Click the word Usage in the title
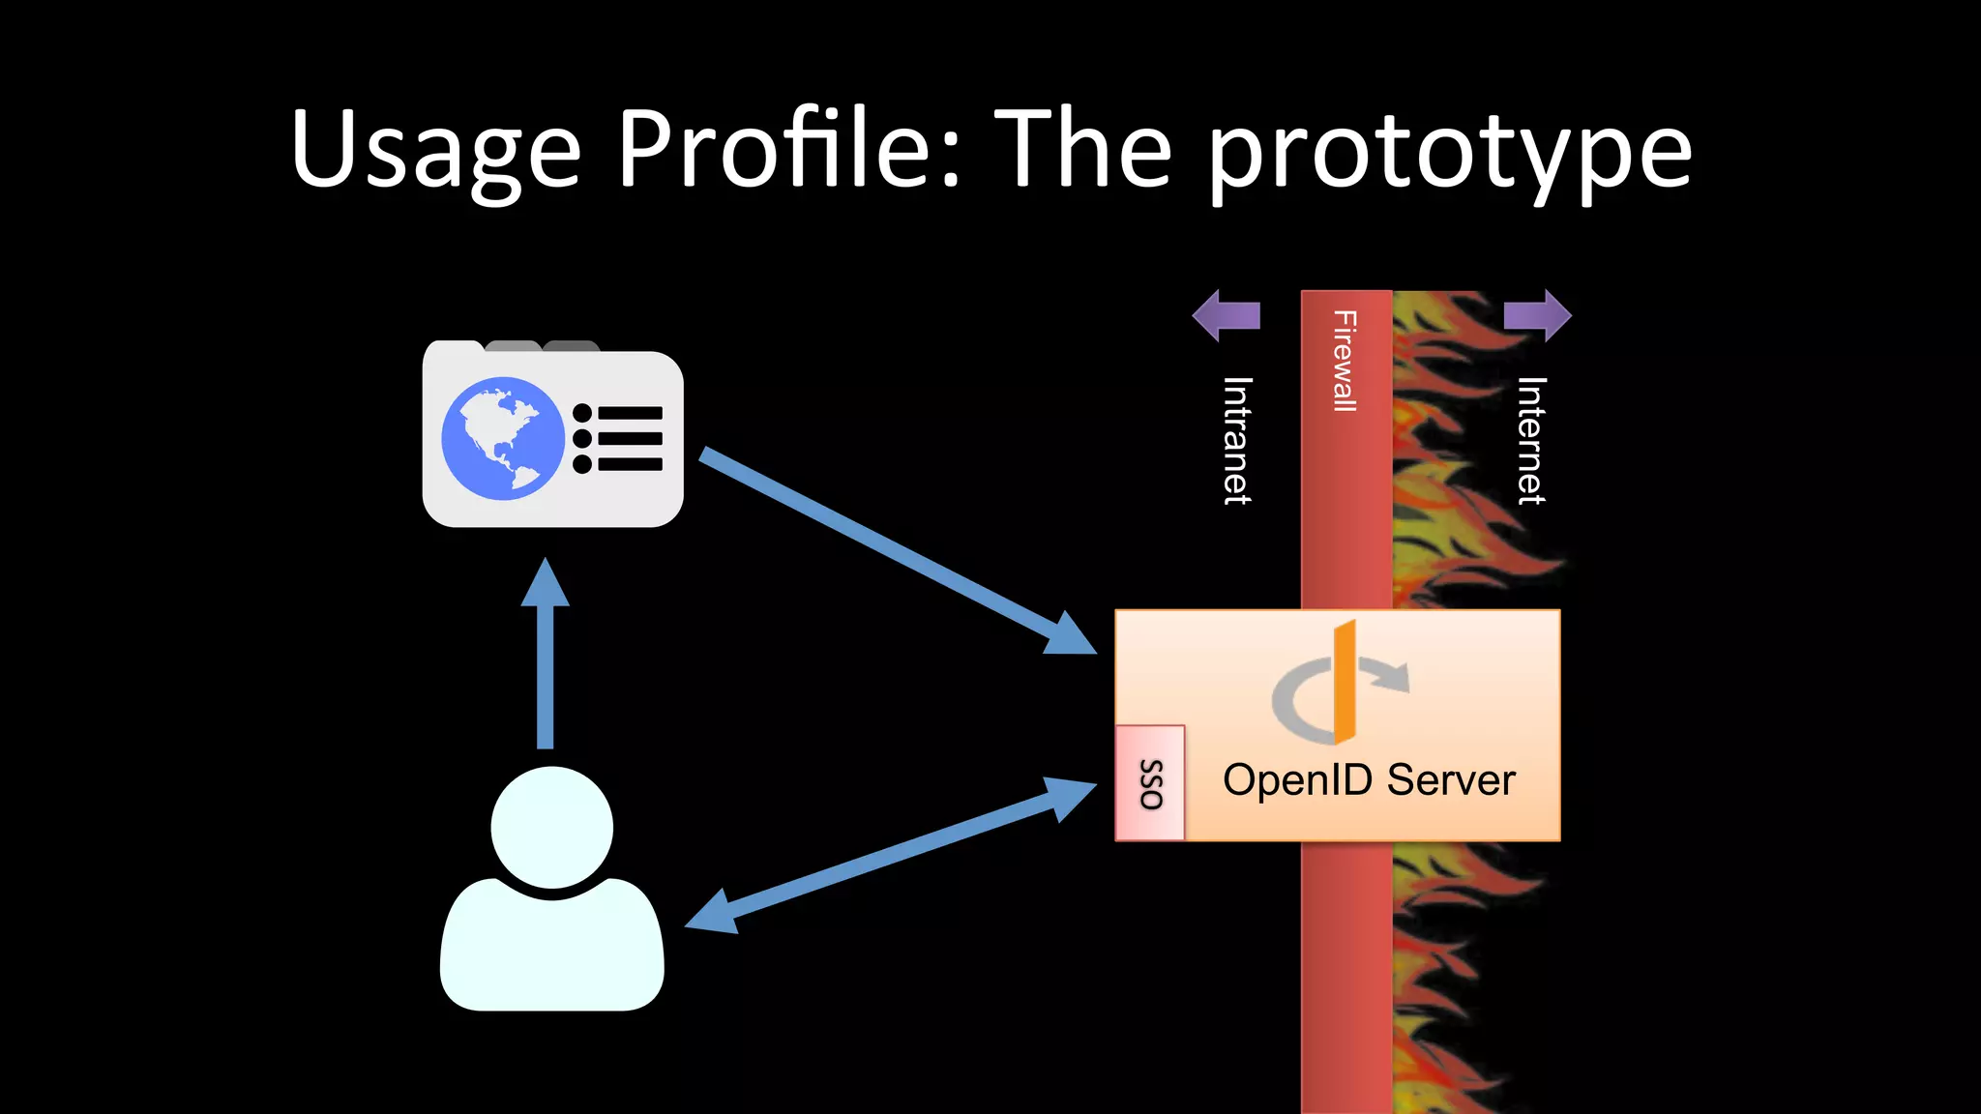pos(435,150)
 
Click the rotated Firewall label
pos(1345,361)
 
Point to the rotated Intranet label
pos(1237,440)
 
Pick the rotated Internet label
pos(1531,440)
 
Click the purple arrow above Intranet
pos(1226,315)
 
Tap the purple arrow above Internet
pos(1538,315)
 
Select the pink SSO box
pos(1150,783)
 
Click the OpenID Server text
pos(1369,779)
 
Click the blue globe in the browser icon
pos(503,438)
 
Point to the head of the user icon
pos(551,827)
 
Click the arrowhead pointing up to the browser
pos(546,582)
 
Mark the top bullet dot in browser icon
pos(582,414)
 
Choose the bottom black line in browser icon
pos(630,464)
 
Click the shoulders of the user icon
pos(551,948)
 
